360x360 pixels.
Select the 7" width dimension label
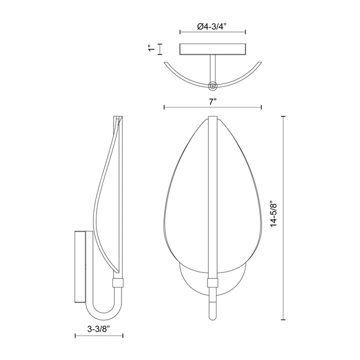pyautogui.click(x=212, y=101)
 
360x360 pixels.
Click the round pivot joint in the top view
pyautogui.click(x=213, y=86)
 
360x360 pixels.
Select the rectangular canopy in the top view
pyautogui.click(x=212, y=49)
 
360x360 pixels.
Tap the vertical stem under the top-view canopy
pyautogui.click(x=213, y=67)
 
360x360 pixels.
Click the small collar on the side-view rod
pyautogui.click(x=118, y=283)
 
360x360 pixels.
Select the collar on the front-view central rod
pyautogui.click(x=212, y=283)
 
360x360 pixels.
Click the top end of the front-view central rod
pyautogui.click(x=212, y=117)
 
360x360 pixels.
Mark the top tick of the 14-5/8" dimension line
pyautogui.click(x=284, y=116)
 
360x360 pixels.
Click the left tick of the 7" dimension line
pyautogui.click(x=164, y=107)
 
